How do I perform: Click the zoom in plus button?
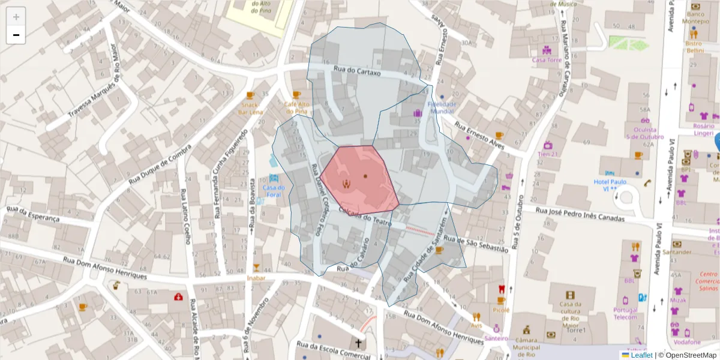point(16,17)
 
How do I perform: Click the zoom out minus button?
point(16,35)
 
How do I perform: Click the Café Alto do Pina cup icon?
point(296,95)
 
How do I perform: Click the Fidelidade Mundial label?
point(442,107)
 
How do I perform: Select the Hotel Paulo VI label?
point(610,185)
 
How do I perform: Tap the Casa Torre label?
point(547,60)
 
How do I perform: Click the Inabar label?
point(256,278)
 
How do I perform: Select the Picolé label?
point(501,310)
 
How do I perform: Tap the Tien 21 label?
point(547,154)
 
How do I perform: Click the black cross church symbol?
point(359,343)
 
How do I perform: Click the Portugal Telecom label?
point(625,313)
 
